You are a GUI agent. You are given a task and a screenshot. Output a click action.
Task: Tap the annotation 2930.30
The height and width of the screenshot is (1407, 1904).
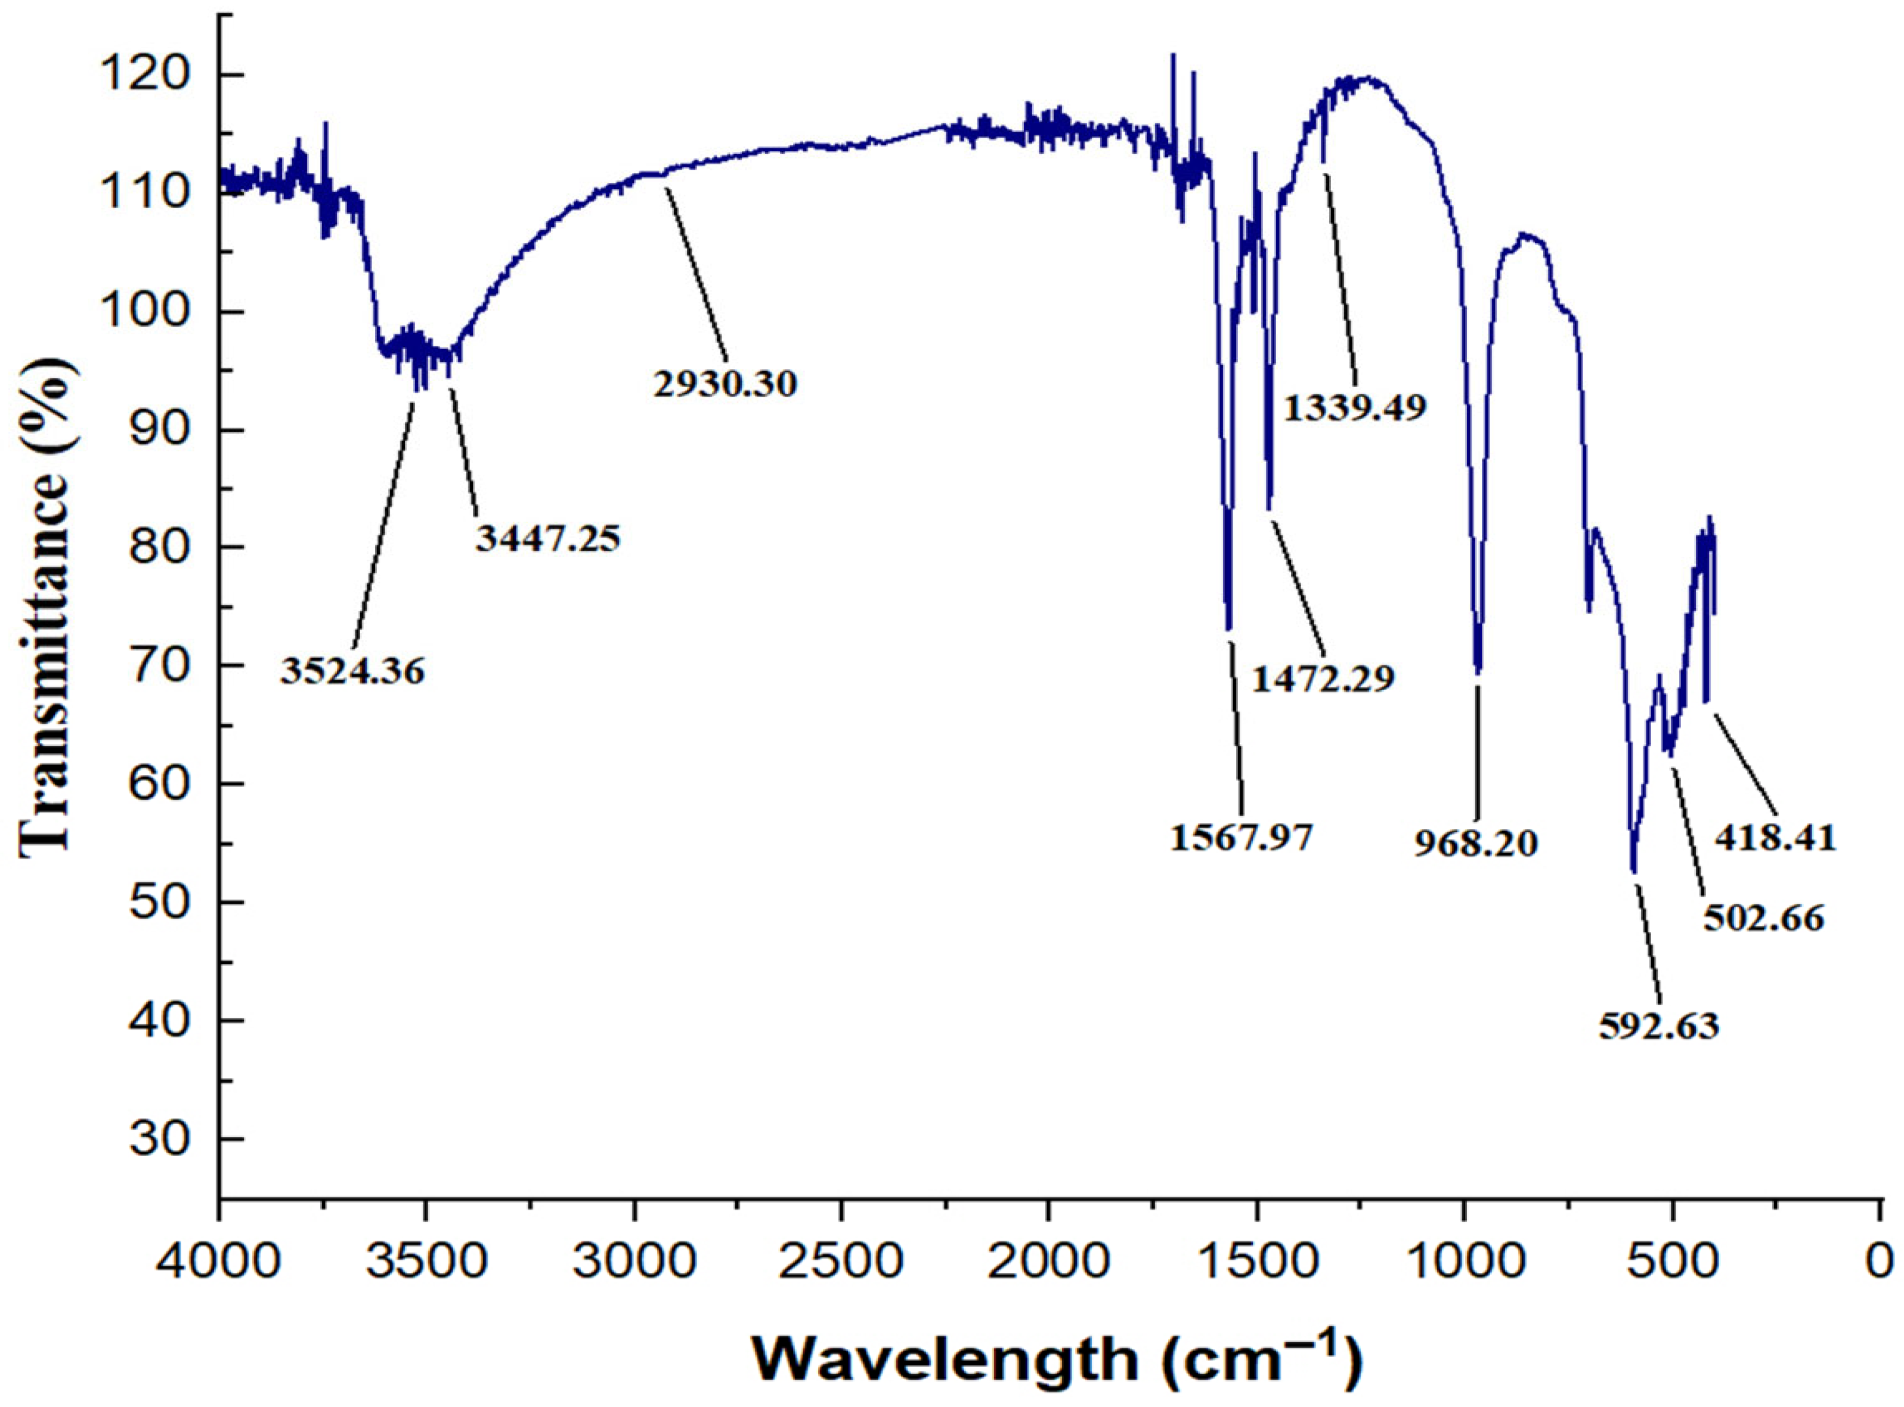coord(725,384)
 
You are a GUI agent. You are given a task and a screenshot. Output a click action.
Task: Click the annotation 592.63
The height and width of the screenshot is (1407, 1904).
coord(1659,1025)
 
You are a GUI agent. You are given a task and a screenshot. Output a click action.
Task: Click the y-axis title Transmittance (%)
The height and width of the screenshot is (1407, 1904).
coord(44,605)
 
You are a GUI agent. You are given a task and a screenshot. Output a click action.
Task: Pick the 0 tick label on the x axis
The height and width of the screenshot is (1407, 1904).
coord(1880,1260)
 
